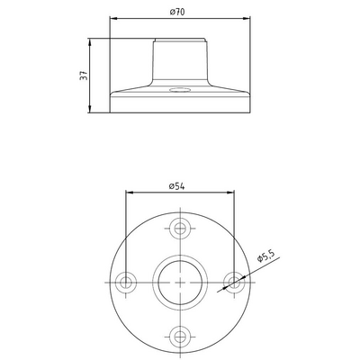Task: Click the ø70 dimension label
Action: [177, 12]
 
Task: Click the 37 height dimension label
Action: [84, 76]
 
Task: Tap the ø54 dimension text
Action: [176, 186]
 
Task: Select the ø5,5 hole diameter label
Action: [266, 256]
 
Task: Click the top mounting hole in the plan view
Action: [180, 229]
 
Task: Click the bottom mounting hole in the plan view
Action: [180, 337]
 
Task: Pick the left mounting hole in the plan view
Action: [126, 283]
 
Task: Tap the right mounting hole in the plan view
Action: [234, 283]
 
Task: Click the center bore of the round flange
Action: [180, 283]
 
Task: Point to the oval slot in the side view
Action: [180, 90]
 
